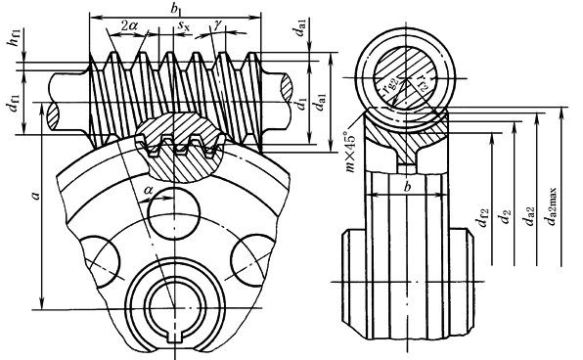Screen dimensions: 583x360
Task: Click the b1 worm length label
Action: (175, 10)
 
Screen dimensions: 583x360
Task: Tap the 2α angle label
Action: (129, 25)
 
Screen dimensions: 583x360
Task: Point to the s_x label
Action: (183, 25)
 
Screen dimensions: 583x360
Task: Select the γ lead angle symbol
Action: (218, 25)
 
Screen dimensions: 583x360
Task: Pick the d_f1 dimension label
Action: (14, 104)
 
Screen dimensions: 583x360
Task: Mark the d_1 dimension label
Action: (301, 104)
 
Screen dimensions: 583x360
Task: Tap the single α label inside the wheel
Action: (148, 191)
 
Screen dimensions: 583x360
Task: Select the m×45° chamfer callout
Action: (350, 152)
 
